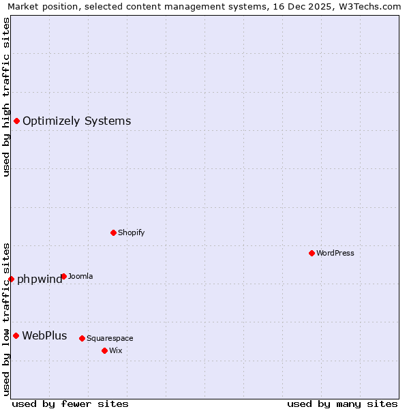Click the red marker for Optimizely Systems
pyautogui.click(x=16, y=121)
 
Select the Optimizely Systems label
pyautogui.click(x=76, y=121)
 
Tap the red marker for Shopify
pyautogui.click(x=113, y=232)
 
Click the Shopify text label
pyautogui.click(x=131, y=233)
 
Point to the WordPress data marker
pyautogui.click(x=312, y=253)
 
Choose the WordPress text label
pyautogui.click(x=335, y=254)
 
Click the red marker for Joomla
pyautogui.click(x=63, y=276)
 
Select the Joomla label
pyautogui.click(x=80, y=277)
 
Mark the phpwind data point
pyautogui.click(x=11, y=279)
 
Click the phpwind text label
pyautogui.click(x=39, y=279)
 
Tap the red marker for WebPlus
pyautogui.click(x=16, y=335)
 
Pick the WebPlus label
pyautogui.click(x=44, y=335)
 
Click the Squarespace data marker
pyautogui.click(x=82, y=338)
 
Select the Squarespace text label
pyautogui.click(x=110, y=339)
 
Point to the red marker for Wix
pyautogui.click(x=104, y=350)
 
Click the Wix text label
pyautogui.click(x=115, y=351)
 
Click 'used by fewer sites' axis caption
pyautogui.click(x=70, y=404)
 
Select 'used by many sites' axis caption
pyautogui.click(x=342, y=404)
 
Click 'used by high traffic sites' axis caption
pyautogui.click(x=6, y=97)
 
